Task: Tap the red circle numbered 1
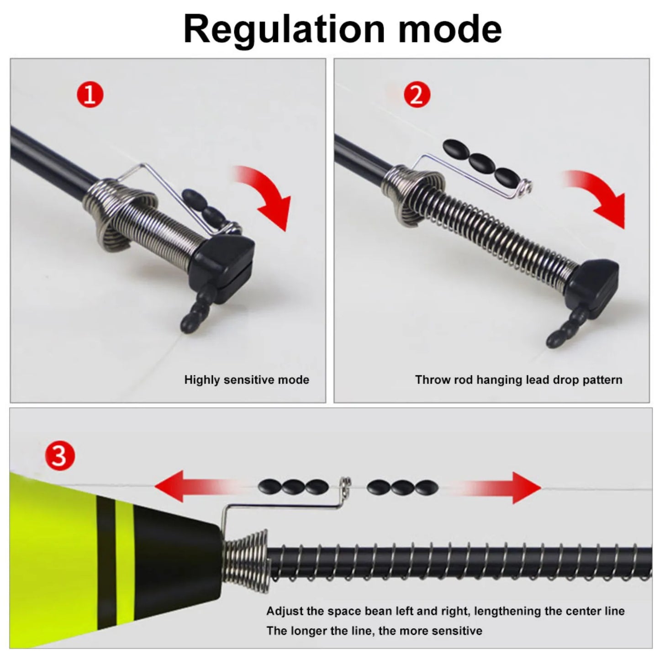pos(90,95)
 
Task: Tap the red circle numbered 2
pos(417,95)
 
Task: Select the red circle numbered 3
pos(59,456)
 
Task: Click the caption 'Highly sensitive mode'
pos(247,380)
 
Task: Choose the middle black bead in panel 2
pos(480,162)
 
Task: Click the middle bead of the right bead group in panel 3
pos(402,487)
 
